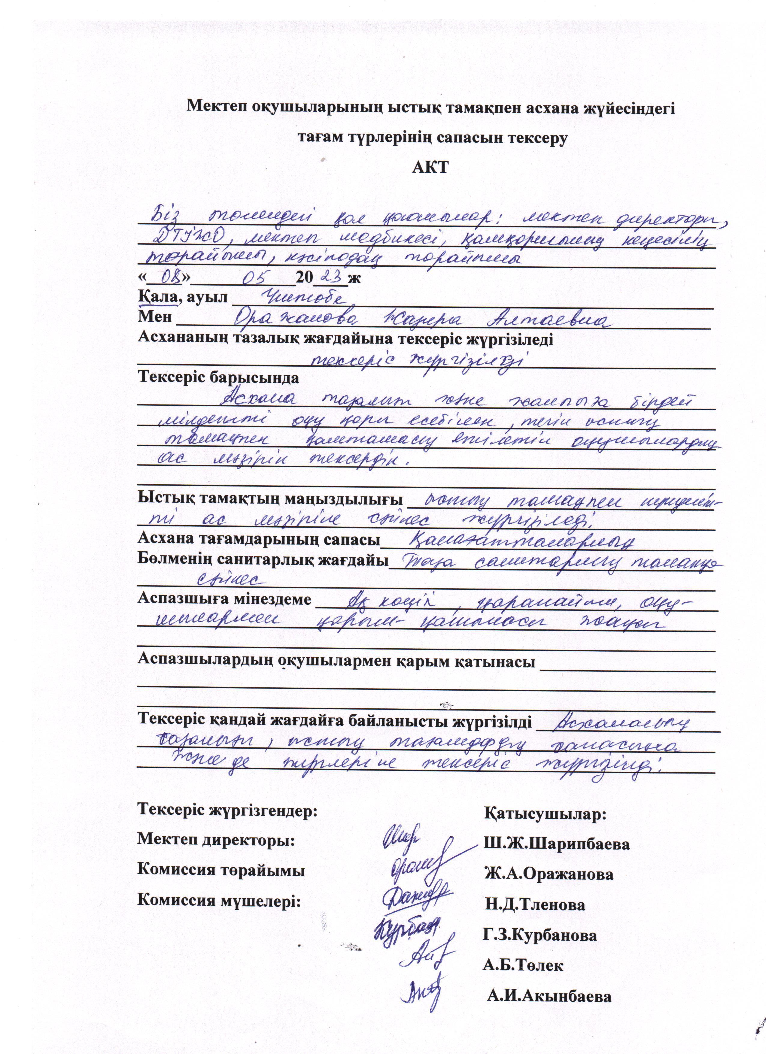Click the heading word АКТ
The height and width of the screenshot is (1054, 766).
click(430, 167)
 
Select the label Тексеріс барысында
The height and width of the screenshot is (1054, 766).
click(218, 377)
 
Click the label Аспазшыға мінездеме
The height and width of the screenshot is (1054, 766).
click(224, 599)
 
